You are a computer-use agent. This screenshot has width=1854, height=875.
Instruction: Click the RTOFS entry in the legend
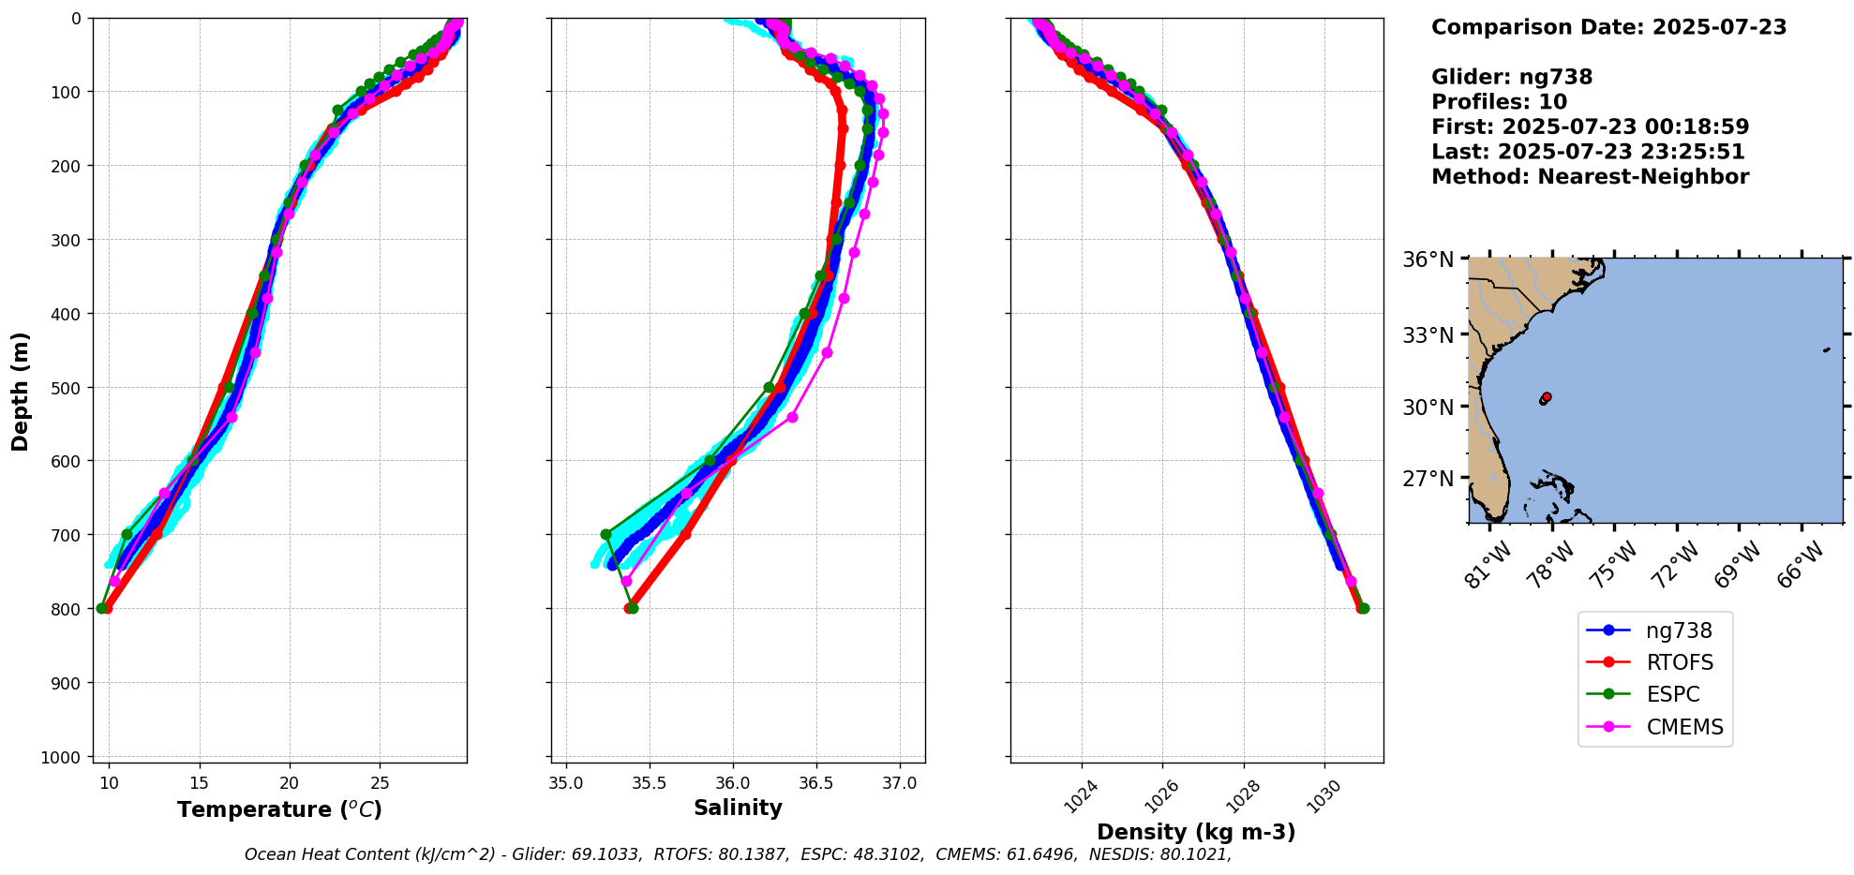click(x=1679, y=662)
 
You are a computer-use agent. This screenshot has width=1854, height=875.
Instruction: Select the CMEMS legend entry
click(x=1684, y=727)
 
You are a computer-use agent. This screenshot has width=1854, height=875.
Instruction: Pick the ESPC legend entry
click(x=1672, y=694)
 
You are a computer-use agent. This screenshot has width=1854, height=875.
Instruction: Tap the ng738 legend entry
click(x=1678, y=630)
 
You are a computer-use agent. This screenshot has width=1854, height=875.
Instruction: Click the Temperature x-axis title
click(x=279, y=809)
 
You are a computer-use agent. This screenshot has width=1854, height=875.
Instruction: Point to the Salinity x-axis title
click(x=738, y=808)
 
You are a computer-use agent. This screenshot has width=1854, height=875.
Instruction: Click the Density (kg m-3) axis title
click(x=1196, y=832)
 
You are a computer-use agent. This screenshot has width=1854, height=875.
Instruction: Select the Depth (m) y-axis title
click(x=21, y=391)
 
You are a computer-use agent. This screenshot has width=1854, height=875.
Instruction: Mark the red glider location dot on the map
click(x=1547, y=397)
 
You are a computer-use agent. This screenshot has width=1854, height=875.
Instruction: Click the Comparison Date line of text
click(x=1608, y=27)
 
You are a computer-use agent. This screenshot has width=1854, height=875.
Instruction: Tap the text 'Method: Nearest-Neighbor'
click(x=1590, y=177)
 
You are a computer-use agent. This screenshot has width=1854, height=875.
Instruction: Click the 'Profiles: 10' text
click(x=1499, y=102)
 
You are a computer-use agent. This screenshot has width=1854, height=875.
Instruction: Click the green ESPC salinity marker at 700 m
click(x=606, y=535)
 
